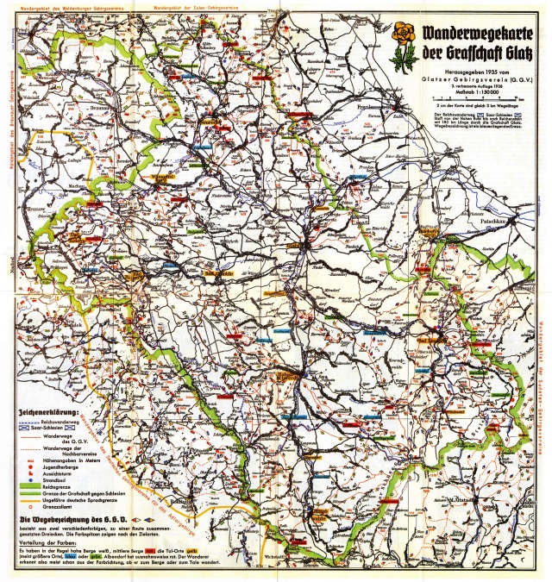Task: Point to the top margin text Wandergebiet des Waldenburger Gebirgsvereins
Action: coord(74,7)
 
